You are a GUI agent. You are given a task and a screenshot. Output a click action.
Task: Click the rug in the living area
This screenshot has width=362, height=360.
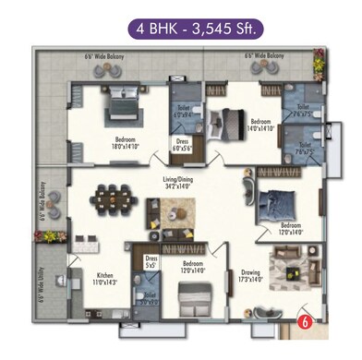(x=178, y=214)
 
